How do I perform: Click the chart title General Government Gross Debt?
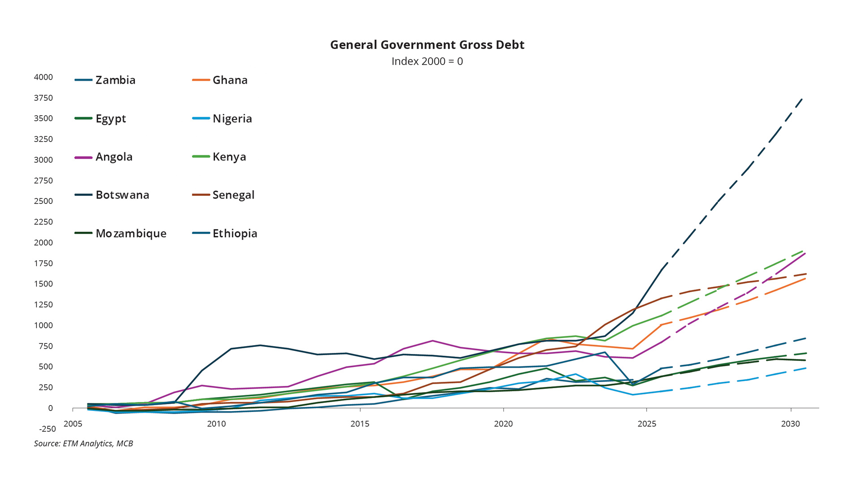pyautogui.click(x=427, y=45)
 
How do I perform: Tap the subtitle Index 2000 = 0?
pyautogui.click(x=427, y=61)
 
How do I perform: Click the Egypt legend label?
pyautogui.click(x=111, y=119)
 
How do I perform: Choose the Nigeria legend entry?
pyautogui.click(x=232, y=119)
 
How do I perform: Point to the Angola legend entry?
pyautogui.click(x=114, y=157)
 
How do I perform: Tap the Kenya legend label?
pyautogui.click(x=229, y=157)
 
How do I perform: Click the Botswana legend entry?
pyautogui.click(x=122, y=195)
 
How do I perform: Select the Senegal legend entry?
pyautogui.click(x=233, y=195)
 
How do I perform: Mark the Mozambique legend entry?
pyautogui.click(x=131, y=233)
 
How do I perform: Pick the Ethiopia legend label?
pyautogui.click(x=235, y=233)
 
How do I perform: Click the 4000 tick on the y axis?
pyautogui.click(x=43, y=77)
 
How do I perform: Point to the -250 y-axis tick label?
pyautogui.click(x=47, y=429)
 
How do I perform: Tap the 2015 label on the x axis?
pyautogui.click(x=360, y=424)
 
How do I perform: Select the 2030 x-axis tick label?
pyautogui.click(x=790, y=424)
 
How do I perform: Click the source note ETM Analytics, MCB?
pyautogui.click(x=83, y=444)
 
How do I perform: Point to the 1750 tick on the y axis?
pyautogui.click(x=43, y=264)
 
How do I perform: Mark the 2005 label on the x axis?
pyautogui.click(x=73, y=424)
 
